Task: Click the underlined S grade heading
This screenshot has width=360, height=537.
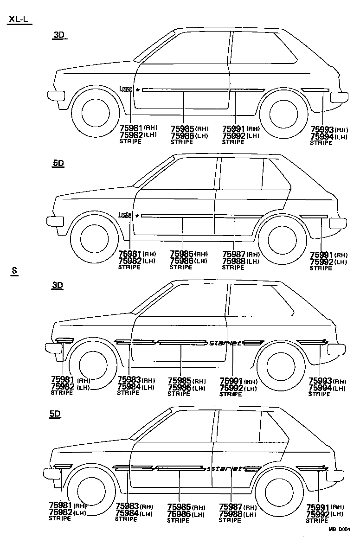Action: point(14,272)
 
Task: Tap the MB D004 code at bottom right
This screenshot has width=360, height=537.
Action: point(339,529)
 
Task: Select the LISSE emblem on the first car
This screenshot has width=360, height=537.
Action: point(125,89)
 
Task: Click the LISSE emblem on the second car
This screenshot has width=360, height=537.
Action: point(125,215)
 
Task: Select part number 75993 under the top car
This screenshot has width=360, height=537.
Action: point(322,130)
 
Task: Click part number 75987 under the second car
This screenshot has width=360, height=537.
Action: point(234,254)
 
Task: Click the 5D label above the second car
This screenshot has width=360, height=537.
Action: point(58,163)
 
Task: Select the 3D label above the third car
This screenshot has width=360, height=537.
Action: point(58,285)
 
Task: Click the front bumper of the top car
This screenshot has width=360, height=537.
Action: point(56,96)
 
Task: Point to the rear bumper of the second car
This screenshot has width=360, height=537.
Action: point(338,222)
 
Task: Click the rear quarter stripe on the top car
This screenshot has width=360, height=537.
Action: point(315,89)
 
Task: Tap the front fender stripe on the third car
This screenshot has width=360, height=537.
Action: point(64,341)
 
